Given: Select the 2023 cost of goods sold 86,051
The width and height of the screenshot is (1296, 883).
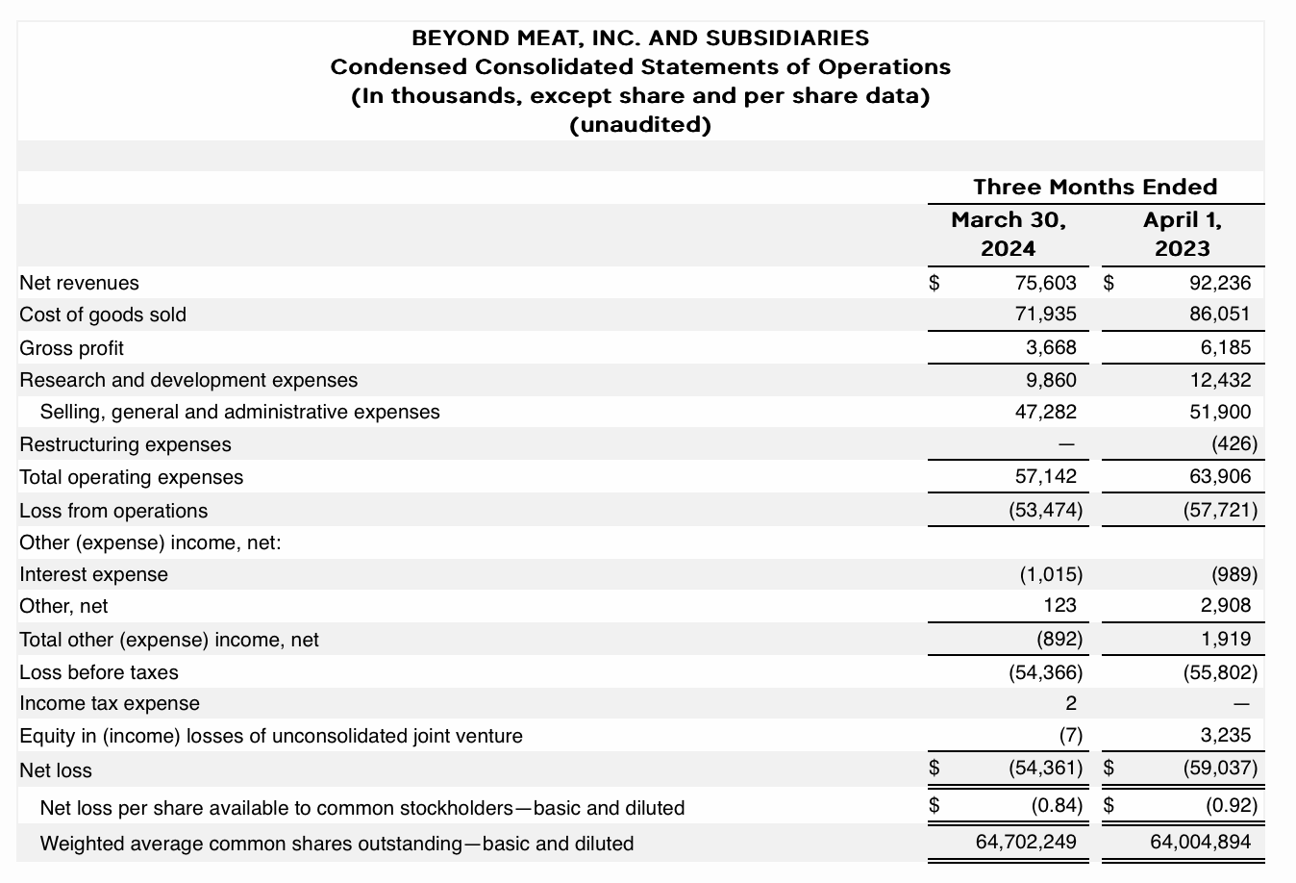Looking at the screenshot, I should coord(1220,315).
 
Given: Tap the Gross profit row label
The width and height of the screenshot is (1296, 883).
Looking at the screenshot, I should coord(71,348).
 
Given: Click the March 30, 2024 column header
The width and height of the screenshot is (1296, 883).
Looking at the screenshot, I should coord(1008,234).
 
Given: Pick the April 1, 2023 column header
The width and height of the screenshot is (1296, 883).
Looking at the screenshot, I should coord(1182,234).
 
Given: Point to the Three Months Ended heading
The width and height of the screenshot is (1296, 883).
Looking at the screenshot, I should coord(1095,187).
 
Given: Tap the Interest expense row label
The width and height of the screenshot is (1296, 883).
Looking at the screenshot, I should coord(93,574).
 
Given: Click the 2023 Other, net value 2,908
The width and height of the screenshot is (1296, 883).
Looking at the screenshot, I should coord(1226,606).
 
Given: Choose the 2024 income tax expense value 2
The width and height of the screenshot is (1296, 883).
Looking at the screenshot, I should coord(1071,703).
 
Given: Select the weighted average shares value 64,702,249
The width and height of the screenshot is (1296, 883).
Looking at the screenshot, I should coord(1026,843).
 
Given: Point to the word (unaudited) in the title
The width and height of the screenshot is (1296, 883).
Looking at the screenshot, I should coord(640,126).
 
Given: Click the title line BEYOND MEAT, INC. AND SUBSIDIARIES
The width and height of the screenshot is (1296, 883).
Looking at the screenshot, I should coord(640,38).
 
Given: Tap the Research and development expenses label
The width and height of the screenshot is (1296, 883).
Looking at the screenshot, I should coord(188,380).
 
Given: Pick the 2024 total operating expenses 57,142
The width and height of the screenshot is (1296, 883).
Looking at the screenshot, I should coord(1045,477).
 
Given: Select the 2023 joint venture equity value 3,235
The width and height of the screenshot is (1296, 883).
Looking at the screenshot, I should coord(1226,736).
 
